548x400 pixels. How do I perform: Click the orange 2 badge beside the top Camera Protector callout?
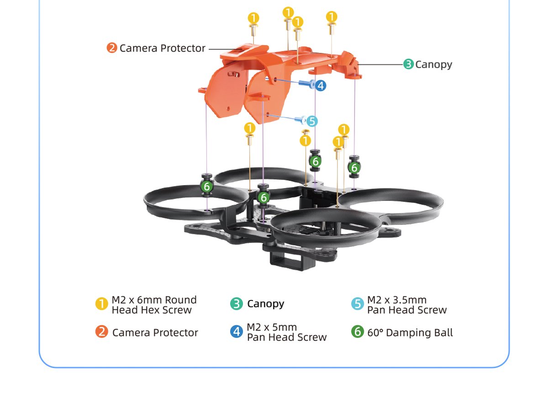[x=112, y=48]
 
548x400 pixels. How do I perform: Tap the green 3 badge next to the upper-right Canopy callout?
[x=408, y=64]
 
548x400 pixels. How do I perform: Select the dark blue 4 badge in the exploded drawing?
[x=321, y=85]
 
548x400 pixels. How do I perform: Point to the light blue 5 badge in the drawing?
[x=312, y=121]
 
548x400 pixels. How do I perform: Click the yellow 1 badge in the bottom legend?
[x=101, y=304]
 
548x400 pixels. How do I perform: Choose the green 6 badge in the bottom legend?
[x=357, y=332]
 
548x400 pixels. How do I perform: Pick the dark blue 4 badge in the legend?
[x=237, y=332]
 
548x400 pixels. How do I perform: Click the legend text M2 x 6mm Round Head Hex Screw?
[x=154, y=305]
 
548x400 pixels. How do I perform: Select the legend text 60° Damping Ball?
[x=410, y=332]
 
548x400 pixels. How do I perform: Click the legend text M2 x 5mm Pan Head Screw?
[x=286, y=332]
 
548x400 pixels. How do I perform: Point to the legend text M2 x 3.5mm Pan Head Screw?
[x=406, y=305]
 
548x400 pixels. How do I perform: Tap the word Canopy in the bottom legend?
[x=265, y=304]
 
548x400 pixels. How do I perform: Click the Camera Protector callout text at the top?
[x=162, y=48]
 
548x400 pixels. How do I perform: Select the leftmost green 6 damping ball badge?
[x=206, y=186]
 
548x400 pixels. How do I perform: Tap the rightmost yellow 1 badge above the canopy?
[x=332, y=17]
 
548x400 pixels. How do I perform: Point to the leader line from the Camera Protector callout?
[x=224, y=49]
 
